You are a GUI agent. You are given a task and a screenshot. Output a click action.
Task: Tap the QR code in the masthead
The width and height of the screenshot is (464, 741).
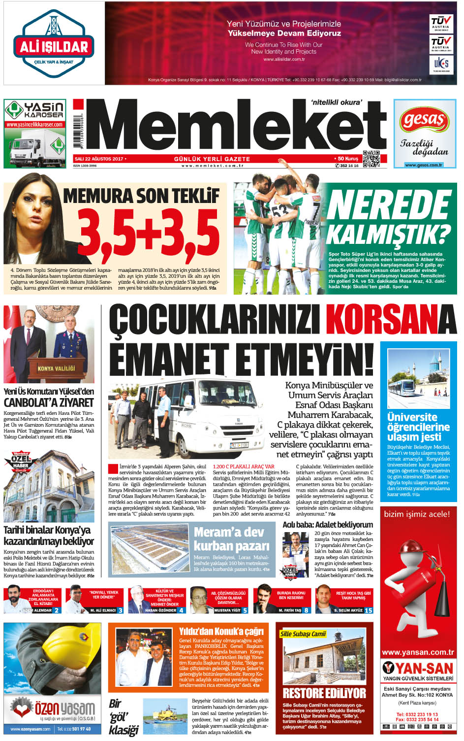coord(371,159)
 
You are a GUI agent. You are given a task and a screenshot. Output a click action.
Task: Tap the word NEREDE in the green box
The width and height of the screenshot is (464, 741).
coord(389,204)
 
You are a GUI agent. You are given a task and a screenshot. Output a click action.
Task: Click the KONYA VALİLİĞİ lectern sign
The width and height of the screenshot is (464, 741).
coord(56,368)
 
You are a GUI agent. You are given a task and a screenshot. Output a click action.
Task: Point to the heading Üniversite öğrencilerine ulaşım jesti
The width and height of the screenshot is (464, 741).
coord(418,427)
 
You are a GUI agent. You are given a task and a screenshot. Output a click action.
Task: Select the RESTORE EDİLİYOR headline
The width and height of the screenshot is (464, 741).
coord(324,693)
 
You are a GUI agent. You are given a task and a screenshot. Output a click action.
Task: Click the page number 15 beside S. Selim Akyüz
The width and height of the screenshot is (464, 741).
coord(369,610)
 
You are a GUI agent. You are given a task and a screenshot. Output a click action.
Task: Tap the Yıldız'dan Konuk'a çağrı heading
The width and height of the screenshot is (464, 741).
coord(221,631)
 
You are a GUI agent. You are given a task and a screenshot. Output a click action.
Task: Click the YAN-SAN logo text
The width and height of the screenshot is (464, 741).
coord(424,669)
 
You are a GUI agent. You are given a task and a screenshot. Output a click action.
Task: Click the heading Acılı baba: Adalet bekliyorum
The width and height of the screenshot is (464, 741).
coord(327,525)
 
